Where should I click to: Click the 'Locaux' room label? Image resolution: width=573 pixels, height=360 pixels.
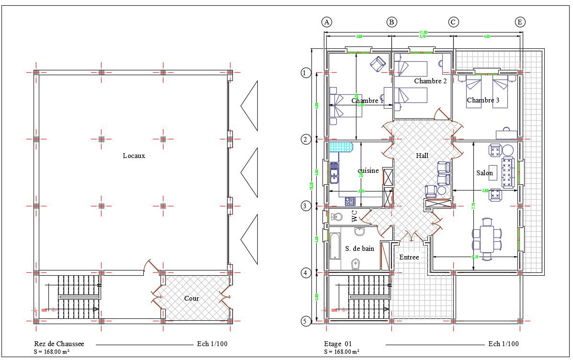(134, 156)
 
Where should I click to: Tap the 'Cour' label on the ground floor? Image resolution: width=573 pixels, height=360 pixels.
(192, 298)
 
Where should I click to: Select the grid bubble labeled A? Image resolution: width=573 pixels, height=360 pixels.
(327, 22)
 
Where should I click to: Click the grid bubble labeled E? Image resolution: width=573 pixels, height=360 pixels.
(520, 22)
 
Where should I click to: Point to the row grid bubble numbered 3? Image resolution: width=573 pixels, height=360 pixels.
(305, 206)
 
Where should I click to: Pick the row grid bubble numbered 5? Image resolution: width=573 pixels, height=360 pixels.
(305, 321)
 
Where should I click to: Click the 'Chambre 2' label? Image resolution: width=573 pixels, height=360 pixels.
(430, 81)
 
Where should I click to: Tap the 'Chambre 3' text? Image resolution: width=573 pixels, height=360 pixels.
(483, 101)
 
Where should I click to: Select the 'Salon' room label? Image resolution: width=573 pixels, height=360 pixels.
(484, 173)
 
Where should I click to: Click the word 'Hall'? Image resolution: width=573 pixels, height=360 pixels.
(422, 156)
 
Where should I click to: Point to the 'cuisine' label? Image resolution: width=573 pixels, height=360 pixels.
(368, 170)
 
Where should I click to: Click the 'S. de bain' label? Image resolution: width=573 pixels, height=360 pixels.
(359, 248)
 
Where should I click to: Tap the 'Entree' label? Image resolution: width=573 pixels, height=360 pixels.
(409, 257)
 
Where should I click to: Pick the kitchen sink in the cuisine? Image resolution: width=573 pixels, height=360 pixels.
(334, 173)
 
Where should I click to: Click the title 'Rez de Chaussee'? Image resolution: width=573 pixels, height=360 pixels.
(59, 344)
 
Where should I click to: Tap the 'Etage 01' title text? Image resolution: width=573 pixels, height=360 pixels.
(338, 344)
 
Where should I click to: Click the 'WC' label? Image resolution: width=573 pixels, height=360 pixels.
(355, 216)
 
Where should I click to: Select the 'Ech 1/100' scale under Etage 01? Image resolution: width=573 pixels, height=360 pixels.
(503, 344)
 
